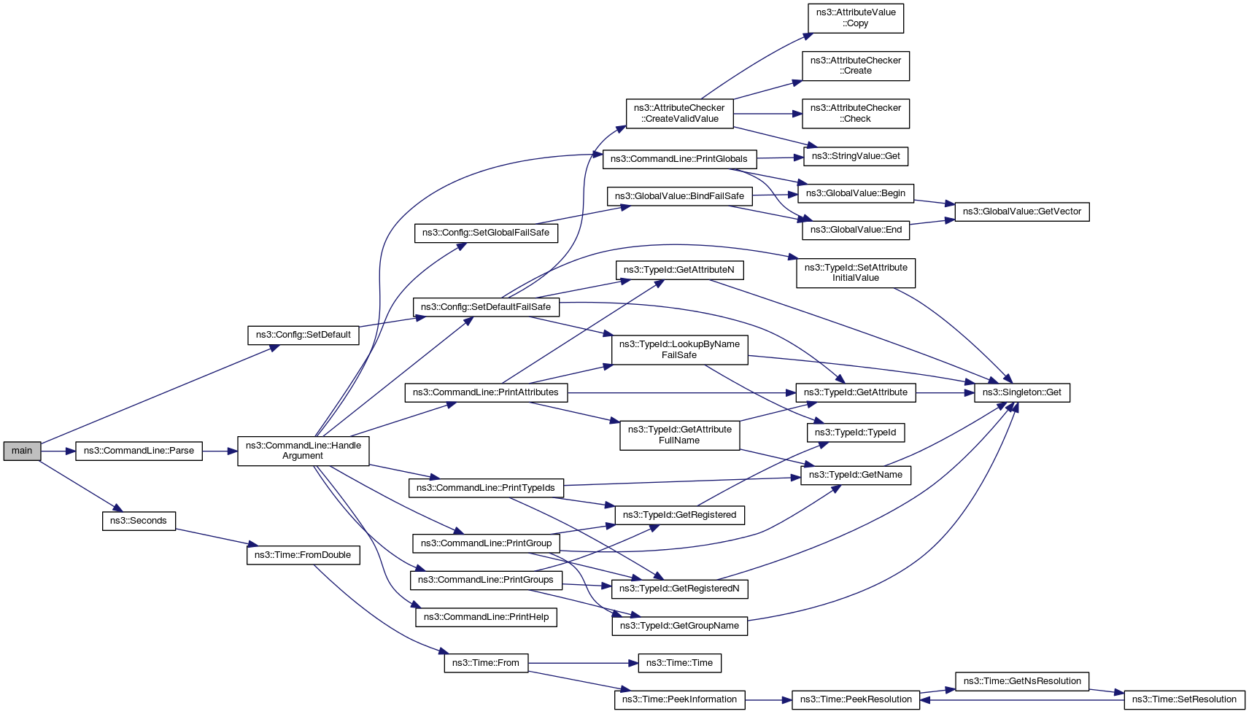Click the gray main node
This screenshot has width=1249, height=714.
(22, 451)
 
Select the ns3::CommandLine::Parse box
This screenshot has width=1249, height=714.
(139, 451)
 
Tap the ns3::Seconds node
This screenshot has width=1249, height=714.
(139, 521)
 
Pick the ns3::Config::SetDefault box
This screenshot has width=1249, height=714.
(303, 335)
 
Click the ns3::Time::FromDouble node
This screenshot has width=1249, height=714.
(303, 555)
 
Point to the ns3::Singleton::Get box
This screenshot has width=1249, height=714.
(1022, 392)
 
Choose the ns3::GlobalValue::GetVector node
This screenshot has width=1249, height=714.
(1021, 212)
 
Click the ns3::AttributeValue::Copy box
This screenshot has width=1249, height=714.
(855, 18)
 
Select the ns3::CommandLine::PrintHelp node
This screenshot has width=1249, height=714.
(486, 617)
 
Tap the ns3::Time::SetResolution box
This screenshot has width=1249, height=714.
(1184, 699)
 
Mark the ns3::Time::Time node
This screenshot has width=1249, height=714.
(679, 663)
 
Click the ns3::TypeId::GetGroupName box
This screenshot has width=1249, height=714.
(679, 626)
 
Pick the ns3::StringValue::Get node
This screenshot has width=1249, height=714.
(856, 156)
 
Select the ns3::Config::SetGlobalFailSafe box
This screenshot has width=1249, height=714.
(486, 233)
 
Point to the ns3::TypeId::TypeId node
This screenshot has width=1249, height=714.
(855, 432)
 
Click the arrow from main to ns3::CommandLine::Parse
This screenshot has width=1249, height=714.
(58, 451)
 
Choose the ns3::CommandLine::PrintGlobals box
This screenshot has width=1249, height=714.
(678, 159)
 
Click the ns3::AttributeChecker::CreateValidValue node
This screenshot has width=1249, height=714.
(679, 113)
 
